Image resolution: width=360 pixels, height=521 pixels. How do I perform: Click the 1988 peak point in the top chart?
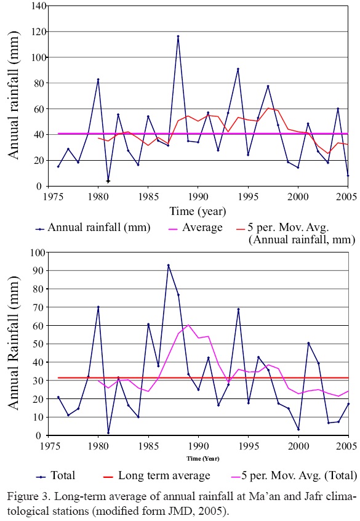(x=178, y=36)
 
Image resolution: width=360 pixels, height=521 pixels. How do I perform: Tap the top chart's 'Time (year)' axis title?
(x=198, y=211)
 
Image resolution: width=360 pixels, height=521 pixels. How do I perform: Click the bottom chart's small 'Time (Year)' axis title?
(x=198, y=458)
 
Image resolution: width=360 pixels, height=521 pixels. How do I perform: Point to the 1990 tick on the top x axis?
(x=198, y=196)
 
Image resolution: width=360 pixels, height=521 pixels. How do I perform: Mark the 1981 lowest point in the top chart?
(x=108, y=180)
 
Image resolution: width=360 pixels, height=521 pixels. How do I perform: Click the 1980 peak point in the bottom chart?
(x=98, y=307)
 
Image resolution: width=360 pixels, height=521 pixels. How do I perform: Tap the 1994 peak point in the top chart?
(x=238, y=69)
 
